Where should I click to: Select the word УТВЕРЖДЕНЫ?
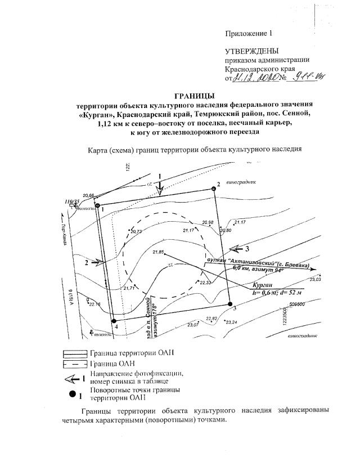pyautogui.click(x=251, y=51)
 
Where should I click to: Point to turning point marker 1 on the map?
pyautogui.click(x=97, y=206)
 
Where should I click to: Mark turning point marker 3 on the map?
pyautogui.click(x=231, y=304)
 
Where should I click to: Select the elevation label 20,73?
pyautogui.click(x=137, y=231)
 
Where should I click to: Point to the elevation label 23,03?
pyautogui.click(x=315, y=279)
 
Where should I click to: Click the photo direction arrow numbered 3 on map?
pyautogui.click(x=236, y=248)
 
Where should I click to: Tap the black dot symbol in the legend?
pyautogui.click(x=72, y=393)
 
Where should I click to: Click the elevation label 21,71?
pyautogui.click(x=128, y=288)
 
